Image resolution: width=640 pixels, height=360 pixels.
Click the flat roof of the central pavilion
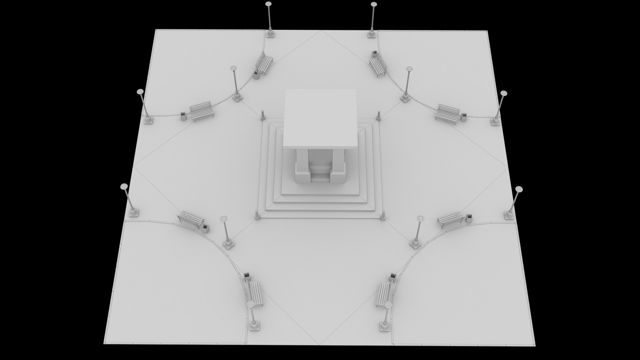point(320,117)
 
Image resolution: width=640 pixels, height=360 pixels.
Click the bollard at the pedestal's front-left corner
point(257,215)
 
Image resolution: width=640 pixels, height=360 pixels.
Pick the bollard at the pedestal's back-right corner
point(379,116)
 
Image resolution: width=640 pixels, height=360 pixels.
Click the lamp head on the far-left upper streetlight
point(140,91)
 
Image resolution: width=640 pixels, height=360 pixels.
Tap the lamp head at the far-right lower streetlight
point(519,189)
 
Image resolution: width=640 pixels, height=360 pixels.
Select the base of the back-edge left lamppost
point(270,34)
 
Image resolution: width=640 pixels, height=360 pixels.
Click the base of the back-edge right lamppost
point(372,34)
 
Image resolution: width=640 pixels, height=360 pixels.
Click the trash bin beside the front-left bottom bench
point(247,277)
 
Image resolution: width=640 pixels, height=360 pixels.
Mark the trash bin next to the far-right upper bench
point(464,117)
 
